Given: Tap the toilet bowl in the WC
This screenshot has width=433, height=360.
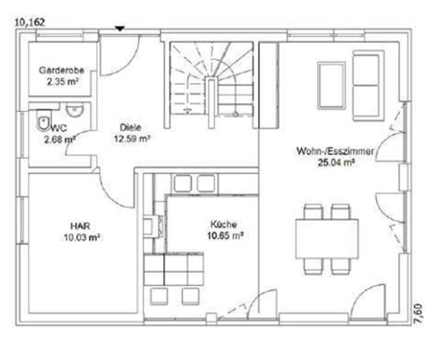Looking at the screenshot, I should pos(41,121).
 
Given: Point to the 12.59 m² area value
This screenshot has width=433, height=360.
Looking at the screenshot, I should pos(133,137).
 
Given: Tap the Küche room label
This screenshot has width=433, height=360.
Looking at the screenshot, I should pos(226,223).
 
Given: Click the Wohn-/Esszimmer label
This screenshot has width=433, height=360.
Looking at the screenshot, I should pos(335,150).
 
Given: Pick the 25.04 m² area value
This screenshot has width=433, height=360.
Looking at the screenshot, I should pos(335,161).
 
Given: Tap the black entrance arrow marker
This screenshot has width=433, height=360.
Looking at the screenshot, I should pos(120,28).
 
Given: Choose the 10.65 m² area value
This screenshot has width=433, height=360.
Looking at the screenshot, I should pos(226,234).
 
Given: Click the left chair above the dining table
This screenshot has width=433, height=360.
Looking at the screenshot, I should pos(312,212).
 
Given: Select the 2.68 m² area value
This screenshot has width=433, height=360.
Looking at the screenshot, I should pos(59,140).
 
